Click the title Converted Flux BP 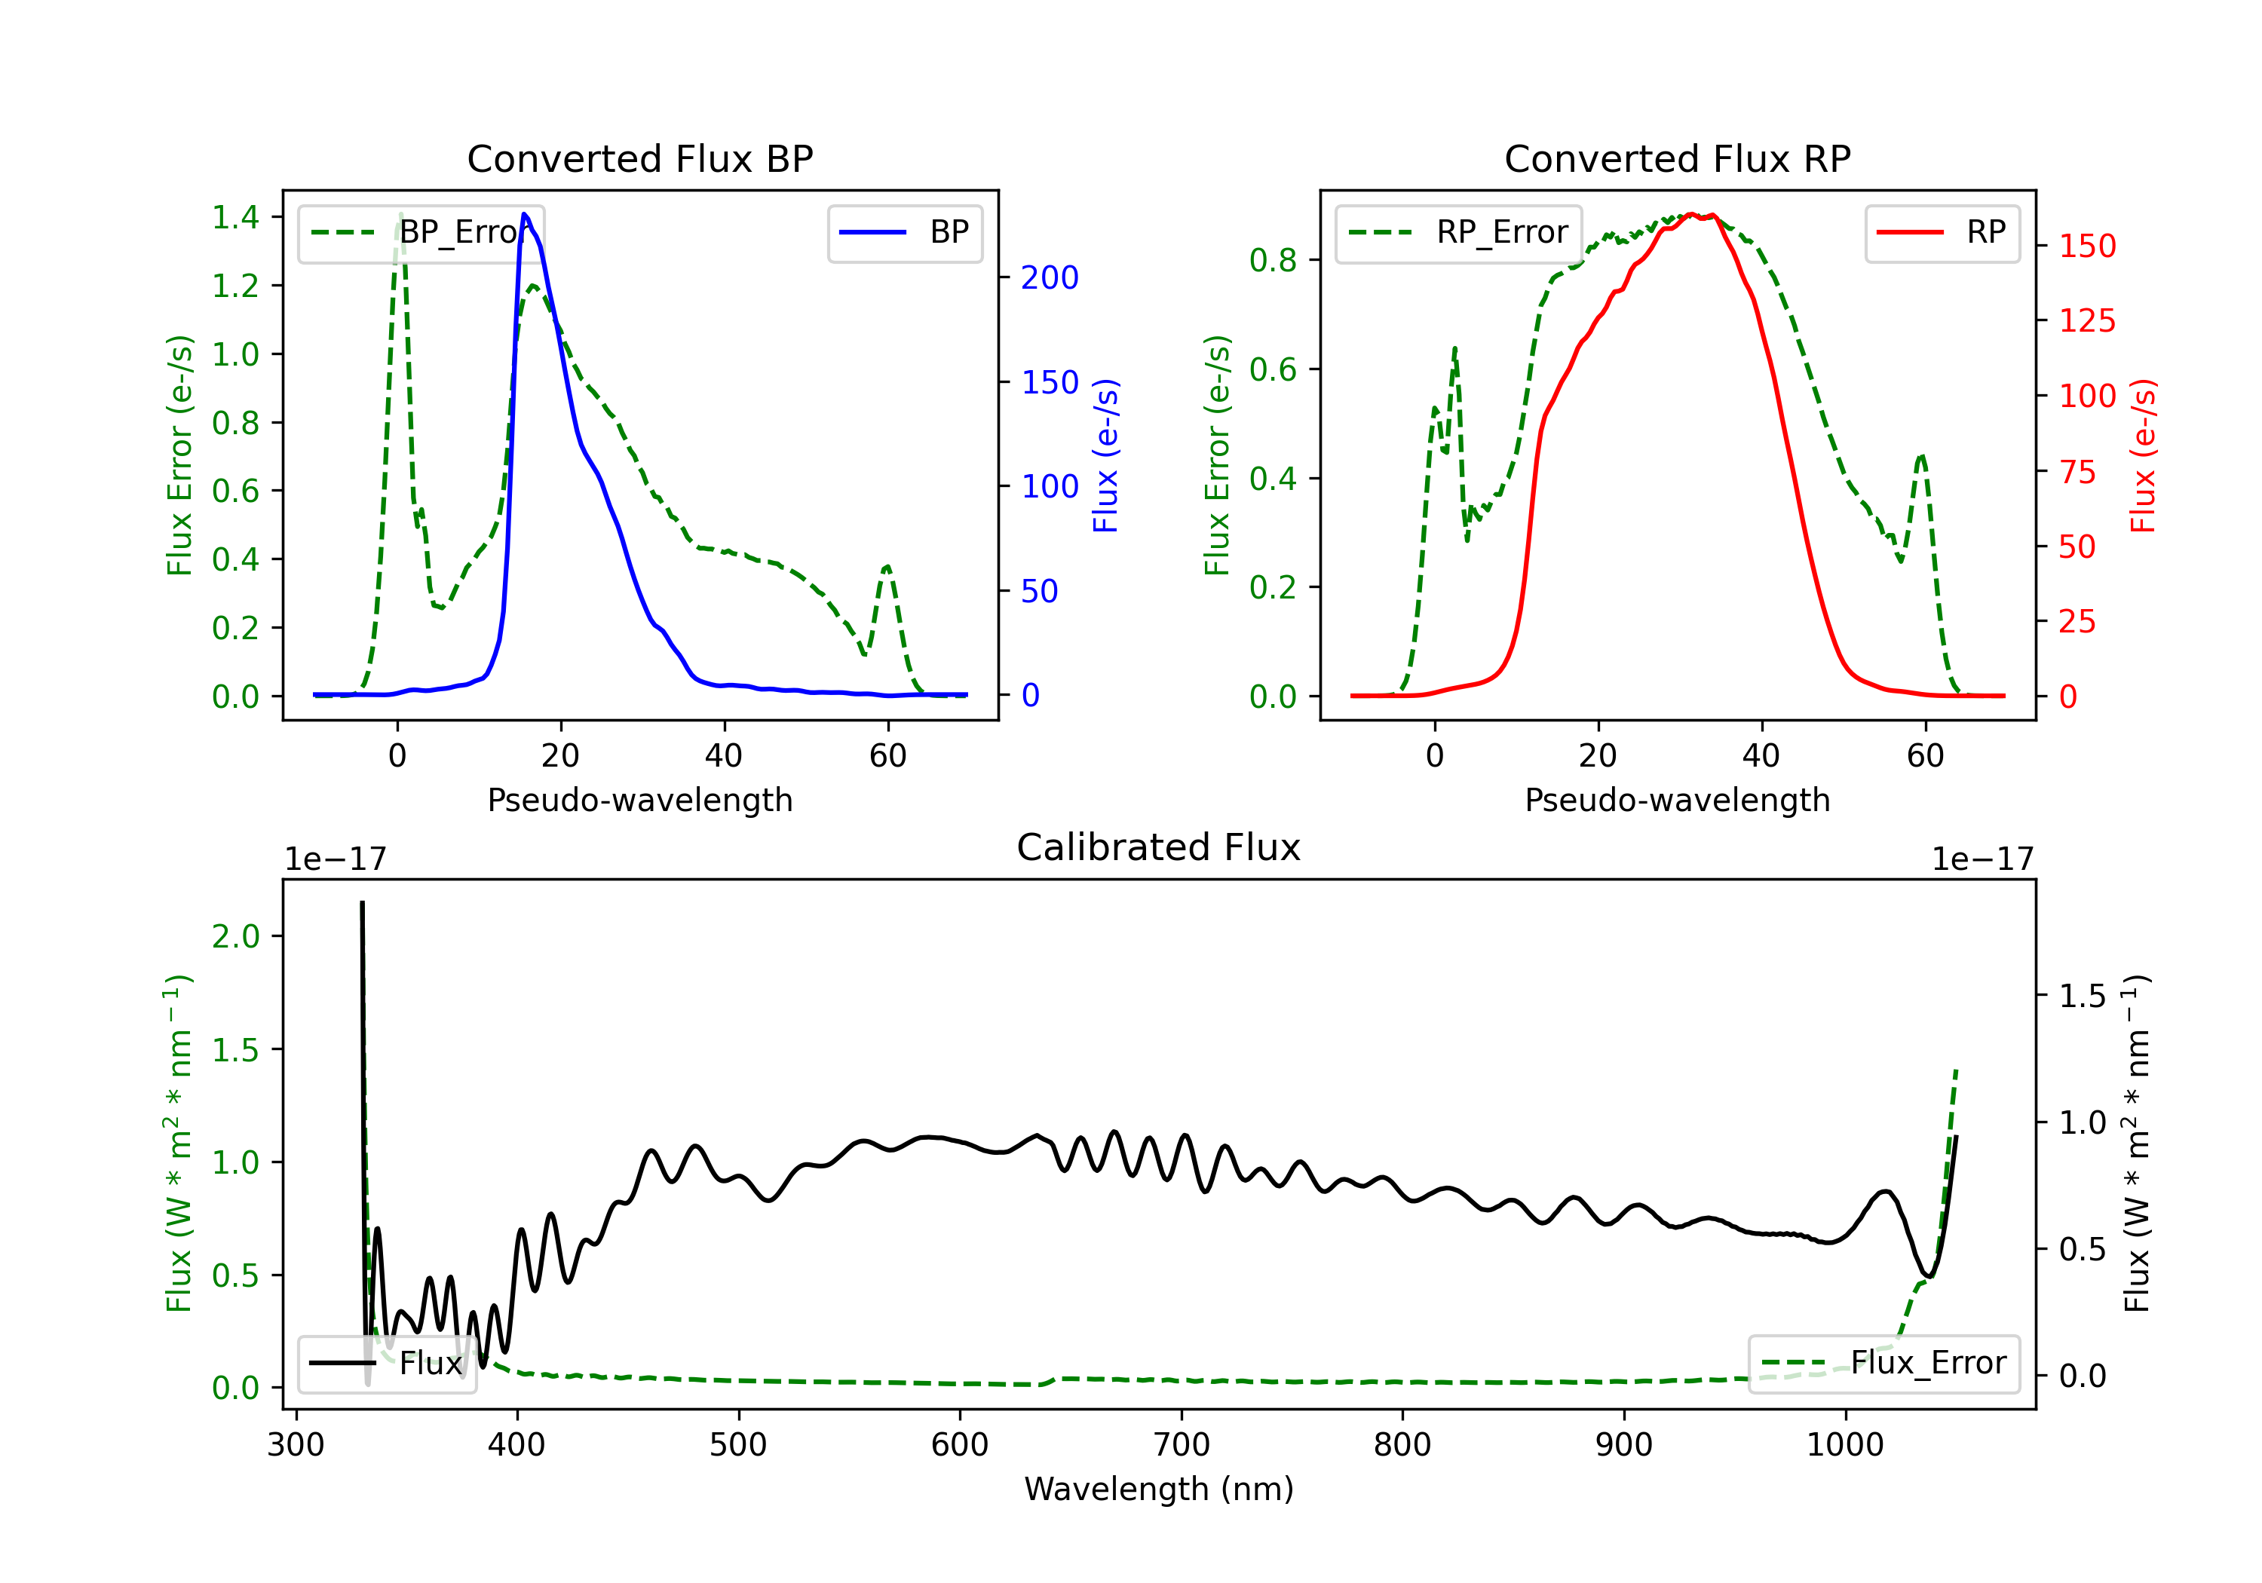pos(639,158)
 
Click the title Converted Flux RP pos(1677,158)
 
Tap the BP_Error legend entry pos(421,232)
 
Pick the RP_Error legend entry pos(1459,232)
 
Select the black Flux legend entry pos(388,1364)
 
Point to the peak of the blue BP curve pos(524,214)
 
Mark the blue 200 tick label pos(1050,278)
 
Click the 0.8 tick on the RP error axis pos(1273,260)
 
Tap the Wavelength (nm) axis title pos(1159,1489)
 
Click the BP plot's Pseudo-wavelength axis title pos(639,800)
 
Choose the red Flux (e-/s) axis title pos(2143,455)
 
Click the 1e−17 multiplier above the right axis pos(1982,859)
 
